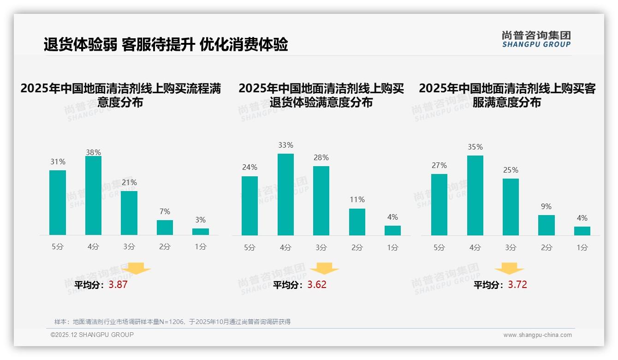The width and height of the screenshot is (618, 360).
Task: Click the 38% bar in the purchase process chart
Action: point(93,196)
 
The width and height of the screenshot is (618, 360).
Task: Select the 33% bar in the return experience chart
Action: point(285,194)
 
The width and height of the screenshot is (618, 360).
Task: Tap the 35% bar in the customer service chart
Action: point(475,195)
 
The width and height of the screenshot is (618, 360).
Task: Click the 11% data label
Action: point(357,200)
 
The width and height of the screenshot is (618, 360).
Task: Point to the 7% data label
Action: point(165,212)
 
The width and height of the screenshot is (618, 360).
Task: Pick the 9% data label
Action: point(546,207)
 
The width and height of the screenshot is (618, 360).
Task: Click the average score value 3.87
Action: point(118,285)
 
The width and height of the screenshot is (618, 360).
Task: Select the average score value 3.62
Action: point(317,285)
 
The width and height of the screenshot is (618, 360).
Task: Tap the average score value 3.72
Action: point(517,285)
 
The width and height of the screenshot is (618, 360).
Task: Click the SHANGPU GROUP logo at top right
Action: point(536,39)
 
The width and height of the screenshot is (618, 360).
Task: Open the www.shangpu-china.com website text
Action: point(537,335)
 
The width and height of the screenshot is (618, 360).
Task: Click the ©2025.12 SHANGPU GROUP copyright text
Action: point(92,335)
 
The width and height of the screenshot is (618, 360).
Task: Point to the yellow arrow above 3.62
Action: point(324,268)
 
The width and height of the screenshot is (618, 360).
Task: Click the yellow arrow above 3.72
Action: point(509,268)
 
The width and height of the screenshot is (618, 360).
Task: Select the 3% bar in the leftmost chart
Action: point(201,232)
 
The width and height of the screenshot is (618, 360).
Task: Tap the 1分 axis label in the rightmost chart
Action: point(582,248)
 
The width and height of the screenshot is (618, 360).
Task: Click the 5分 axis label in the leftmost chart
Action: point(58,247)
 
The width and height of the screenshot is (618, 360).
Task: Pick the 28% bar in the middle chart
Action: point(321,201)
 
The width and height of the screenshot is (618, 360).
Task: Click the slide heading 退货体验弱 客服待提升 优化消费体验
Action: point(166,45)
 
